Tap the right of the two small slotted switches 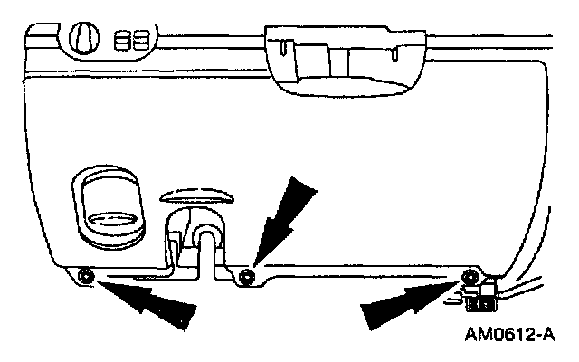coord(140,42)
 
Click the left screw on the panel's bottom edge coord(84,274)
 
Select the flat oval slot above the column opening coord(197,193)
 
